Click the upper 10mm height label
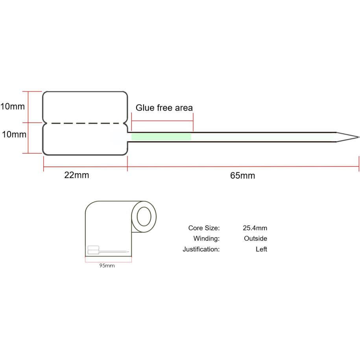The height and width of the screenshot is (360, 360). [13, 106]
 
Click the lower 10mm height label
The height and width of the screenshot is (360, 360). [14, 135]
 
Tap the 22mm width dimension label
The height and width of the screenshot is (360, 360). [77, 175]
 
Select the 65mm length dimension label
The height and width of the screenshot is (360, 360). [243, 175]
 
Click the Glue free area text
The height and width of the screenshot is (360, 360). [164, 108]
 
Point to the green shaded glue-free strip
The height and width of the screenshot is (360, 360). [161, 137]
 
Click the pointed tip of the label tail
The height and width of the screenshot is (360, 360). [358, 137]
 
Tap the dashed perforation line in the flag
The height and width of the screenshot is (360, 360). [85, 124]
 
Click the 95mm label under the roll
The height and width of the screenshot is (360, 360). [107, 266]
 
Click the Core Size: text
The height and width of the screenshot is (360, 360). [204, 228]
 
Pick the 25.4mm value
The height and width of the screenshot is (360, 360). [255, 228]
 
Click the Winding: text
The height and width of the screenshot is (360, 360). [206, 239]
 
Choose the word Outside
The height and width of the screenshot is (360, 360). [255, 239]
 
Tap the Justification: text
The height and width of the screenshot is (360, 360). [201, 249]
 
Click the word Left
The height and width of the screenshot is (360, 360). [261, 249]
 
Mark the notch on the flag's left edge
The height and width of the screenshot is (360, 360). [44, 124]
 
